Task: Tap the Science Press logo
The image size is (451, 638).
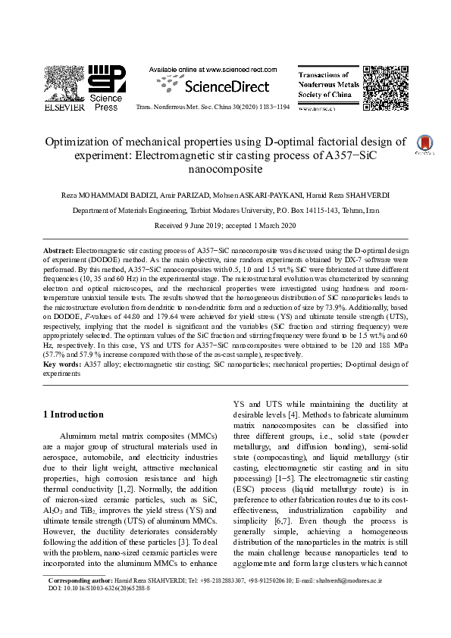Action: (x=106, y=84)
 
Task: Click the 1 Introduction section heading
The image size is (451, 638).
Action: (x=73, y=415)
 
